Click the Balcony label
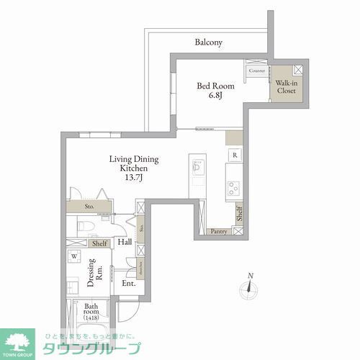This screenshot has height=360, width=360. tap(209, 42)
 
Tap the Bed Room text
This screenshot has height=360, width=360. tap(213, 84)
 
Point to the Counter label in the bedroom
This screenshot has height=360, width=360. tap(256, 71)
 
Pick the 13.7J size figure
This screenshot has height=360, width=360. tap(134, 177)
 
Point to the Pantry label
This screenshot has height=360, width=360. tap(219, 231)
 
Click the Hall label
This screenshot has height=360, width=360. tap(124, 243)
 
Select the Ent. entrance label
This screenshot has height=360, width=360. tap(128, 284)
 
